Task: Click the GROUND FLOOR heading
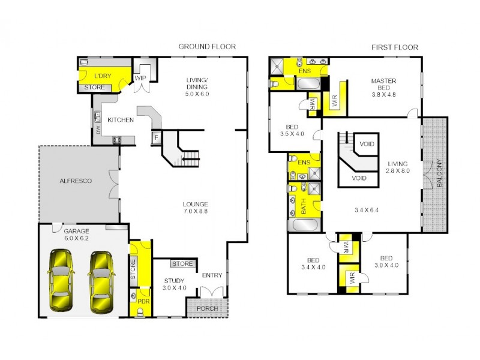(207, 46)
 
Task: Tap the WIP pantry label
(141, 77)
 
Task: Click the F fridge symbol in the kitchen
(156, 137)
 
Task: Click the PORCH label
(207, 308)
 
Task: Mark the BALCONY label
(439, 174)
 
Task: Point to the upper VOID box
(367, 144)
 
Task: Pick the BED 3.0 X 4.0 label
(386, 262)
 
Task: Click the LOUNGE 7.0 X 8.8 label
(196, 208)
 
